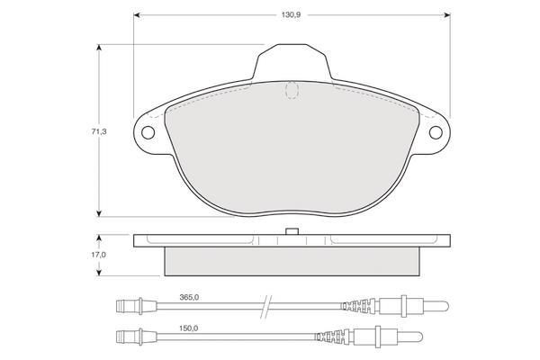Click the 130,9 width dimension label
pyautogui.click(x=291, y=15)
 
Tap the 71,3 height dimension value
pyautogui.click(x=99, y=131)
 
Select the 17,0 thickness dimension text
pyautogui.click(x=98, y=255)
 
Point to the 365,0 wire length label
pyautogui.click(x=189, y=297)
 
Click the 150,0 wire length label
pyautogui.click(x=188, y=328)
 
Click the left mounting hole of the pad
pyautogui.click(x=148, y=132)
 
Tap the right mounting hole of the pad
pyautogui.click(x=436, y=132)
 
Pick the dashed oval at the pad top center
pyautogui.click(x=292, y=90)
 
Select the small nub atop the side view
pyautogui.click(x=292, y=231)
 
